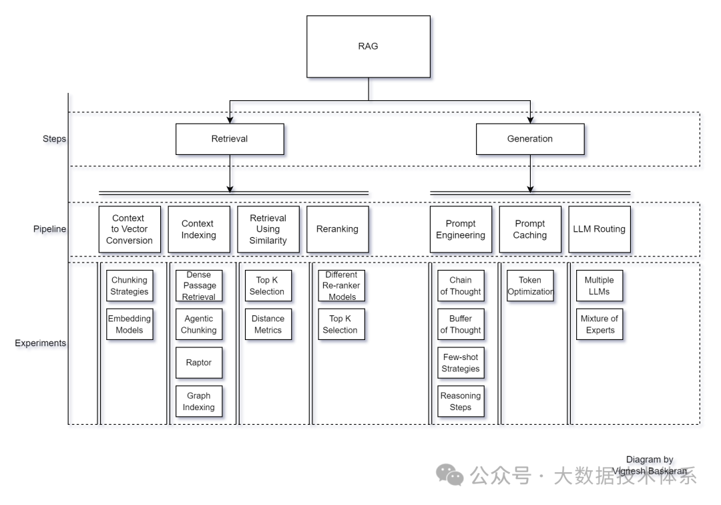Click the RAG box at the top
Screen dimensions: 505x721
[368, 46]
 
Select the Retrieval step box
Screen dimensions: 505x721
[230, 139]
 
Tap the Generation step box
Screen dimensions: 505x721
[530, 139]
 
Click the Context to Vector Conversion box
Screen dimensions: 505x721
[130, 229]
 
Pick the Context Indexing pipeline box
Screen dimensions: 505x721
[198, 229]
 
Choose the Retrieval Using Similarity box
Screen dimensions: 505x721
[268, 229]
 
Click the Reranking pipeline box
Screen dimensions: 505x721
[337, 229]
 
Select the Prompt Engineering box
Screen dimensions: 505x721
[461, 229]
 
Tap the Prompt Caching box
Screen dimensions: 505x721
[530, 229]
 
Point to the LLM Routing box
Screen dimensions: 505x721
[599, 229]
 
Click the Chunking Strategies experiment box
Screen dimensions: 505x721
[130, 286]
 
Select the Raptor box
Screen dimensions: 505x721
[199, 363]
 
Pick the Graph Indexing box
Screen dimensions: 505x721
[199, 401]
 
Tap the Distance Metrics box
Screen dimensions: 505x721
[268, 324]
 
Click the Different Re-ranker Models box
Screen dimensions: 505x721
[342, 286]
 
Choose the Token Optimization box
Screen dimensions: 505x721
[530, 286]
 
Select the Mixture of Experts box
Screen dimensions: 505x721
[599, 324]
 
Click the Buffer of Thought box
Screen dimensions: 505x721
[461, 324]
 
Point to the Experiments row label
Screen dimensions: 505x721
[41, 343]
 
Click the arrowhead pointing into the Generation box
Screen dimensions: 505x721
[530, 120]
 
